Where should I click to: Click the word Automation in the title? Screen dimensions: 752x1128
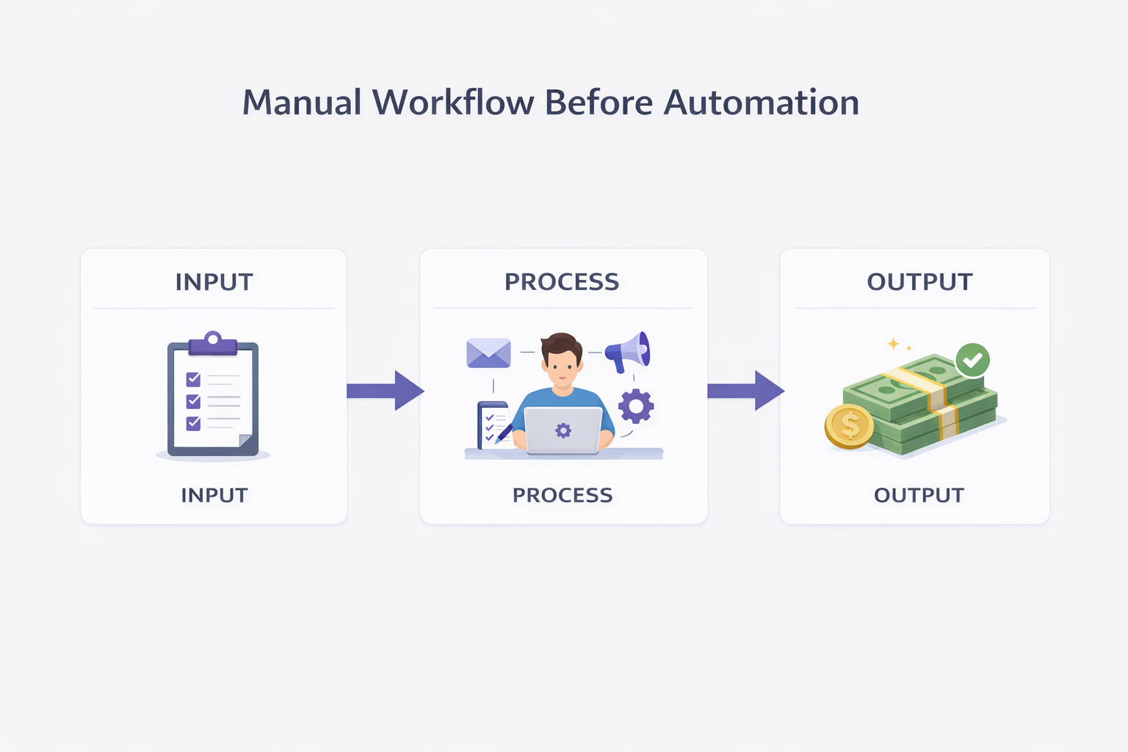[762, 102]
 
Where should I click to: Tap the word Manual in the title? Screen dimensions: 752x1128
[302, 102]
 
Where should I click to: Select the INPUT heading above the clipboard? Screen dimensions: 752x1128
[214, 282]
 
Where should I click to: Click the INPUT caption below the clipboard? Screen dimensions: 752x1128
[214, 495]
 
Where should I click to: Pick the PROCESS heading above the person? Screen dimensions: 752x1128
[562, 282]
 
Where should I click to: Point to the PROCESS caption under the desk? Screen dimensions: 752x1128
[563, 495]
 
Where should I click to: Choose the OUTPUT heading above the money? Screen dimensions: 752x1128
[919, 282]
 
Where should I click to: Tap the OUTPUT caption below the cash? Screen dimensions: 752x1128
[919, 495]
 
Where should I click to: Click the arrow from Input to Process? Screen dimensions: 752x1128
[385, 391]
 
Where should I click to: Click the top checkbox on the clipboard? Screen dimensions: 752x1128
[193, 379]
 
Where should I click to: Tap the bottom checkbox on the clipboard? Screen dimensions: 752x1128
[193, 423]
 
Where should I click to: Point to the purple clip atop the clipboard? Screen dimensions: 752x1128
[213, 343]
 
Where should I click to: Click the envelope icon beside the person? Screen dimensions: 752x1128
[488, 353]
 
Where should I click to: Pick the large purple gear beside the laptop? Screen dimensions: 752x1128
[636, 405]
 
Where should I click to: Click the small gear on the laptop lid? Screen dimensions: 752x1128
[563, 430]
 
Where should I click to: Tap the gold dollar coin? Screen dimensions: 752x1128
[849, 426]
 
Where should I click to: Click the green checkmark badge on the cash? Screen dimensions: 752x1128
[973, 361]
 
